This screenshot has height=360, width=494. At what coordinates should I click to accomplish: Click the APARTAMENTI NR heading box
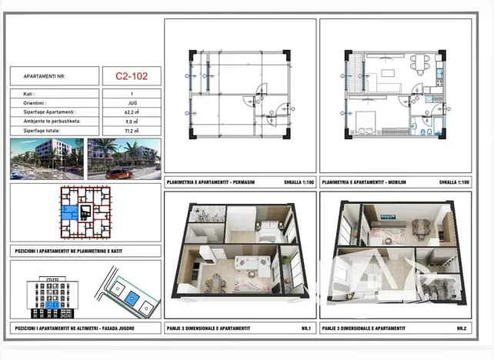(x=54, y=76)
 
